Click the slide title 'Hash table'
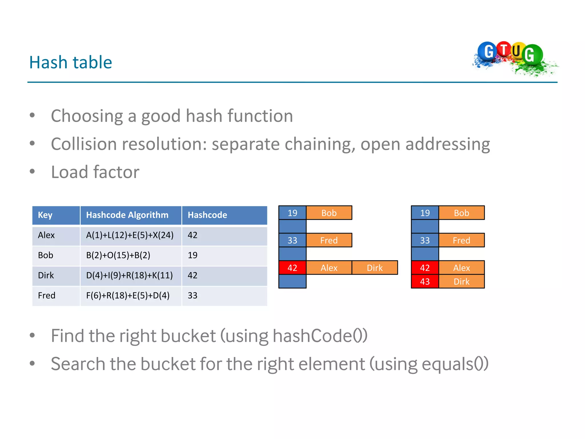point(71,62)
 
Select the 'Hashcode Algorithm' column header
point(127,215)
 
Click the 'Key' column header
point(45,215)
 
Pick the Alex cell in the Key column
point(46,235)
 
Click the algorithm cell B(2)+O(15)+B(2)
point(118,255)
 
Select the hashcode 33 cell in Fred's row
point(193,296)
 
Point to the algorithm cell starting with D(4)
point(129,275)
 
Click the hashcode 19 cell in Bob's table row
point(193,255)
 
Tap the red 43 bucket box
point(425,282)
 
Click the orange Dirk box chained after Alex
point(374,268)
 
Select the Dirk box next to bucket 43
point(461,282)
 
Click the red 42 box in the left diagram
point(292,268)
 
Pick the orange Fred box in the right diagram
point(461,240)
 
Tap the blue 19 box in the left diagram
point(292,213)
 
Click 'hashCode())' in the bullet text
point(320,336)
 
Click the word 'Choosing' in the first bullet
point(87,116)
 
